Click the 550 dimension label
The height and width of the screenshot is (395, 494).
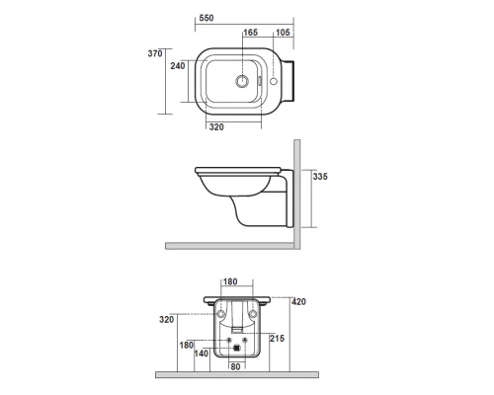206,19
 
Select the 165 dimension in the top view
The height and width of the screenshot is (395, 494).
251,33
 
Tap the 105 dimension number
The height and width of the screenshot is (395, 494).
283,33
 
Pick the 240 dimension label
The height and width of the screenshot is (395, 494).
178,65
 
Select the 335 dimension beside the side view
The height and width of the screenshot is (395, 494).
319,177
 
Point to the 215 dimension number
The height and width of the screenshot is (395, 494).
279,339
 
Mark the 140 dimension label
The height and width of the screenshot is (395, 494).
203,353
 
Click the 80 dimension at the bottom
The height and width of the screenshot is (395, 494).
235,367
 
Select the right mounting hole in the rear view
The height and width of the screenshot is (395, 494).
253,314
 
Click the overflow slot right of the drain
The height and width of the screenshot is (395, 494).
260,77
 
